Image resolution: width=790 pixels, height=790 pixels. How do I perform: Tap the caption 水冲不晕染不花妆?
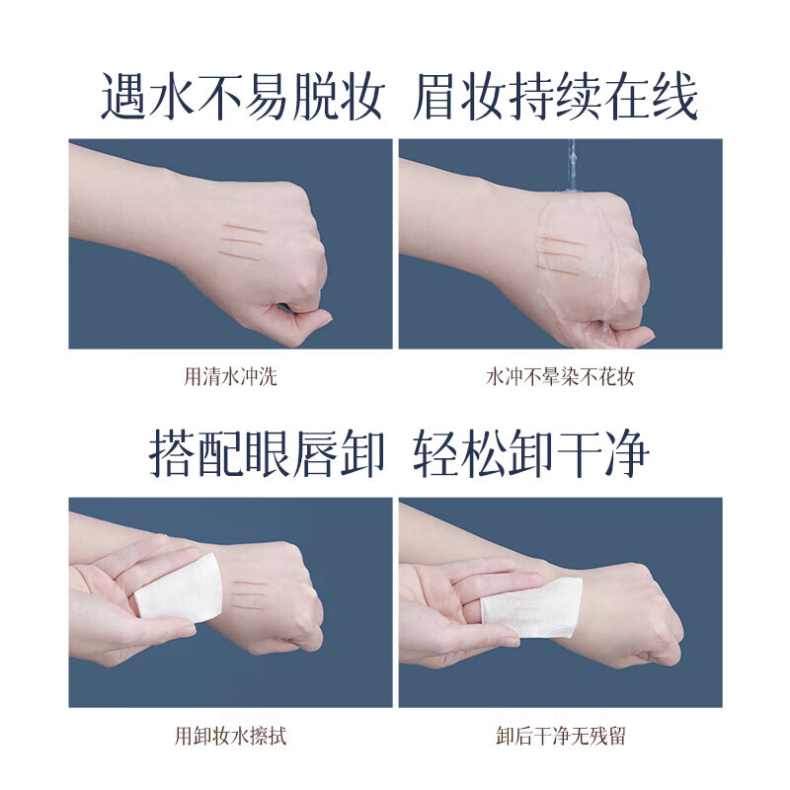pos(559,376)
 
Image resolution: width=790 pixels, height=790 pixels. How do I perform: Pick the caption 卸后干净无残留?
pos(559,736)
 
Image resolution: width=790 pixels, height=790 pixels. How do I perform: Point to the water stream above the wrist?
pos(571,168)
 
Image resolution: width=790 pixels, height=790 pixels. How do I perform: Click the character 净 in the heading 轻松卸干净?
pos(626,454)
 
